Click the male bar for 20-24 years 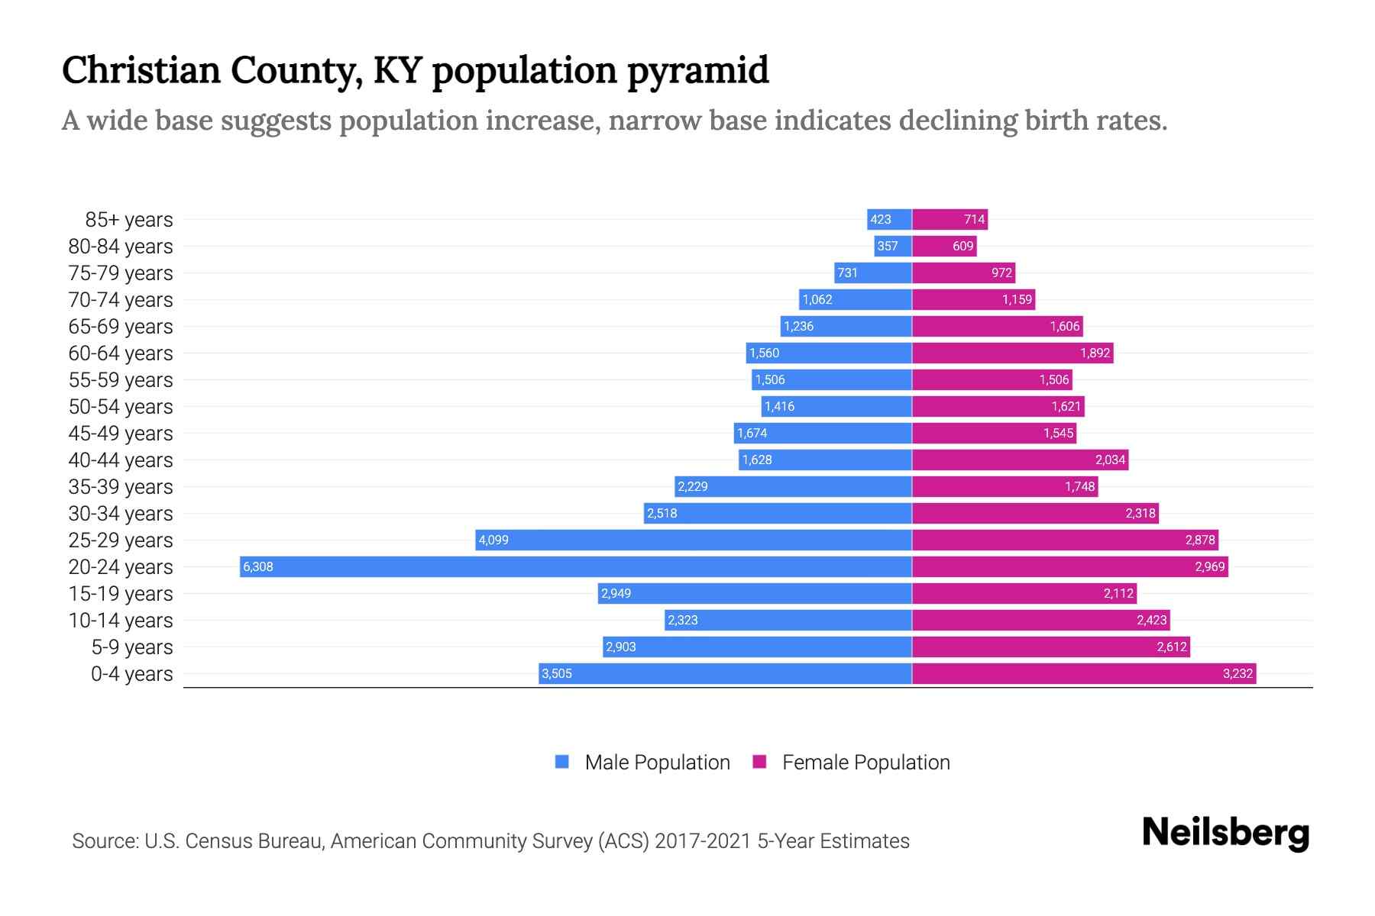(576, 566)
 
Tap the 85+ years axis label (129, 220)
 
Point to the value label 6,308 (258, 567)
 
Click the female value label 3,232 (1237, 673)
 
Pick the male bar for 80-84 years (893, 246)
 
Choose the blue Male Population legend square (562, 762)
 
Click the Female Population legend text (865, 762)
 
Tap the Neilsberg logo (1225, 833)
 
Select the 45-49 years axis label (121, 434)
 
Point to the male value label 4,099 (493, 540)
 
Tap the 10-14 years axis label (121, 621)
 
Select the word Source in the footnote (105, 841)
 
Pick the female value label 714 (974, 220)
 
